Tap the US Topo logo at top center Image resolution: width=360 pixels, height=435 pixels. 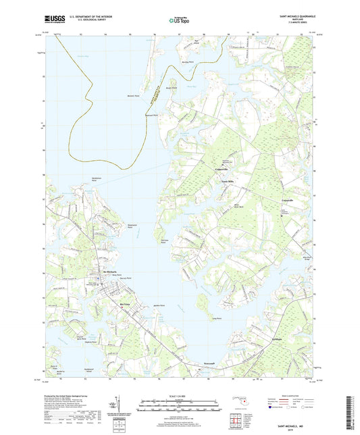179,20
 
